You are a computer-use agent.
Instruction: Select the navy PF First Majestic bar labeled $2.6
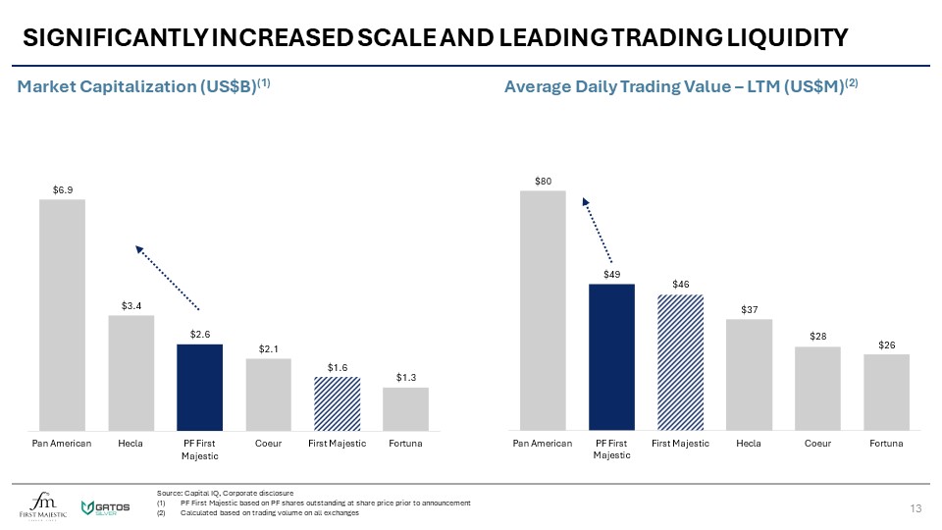point(199,387)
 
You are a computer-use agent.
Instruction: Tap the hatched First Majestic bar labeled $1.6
point(337,403)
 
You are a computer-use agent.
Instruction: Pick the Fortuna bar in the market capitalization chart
point(405,408)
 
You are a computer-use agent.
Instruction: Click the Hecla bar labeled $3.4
point(131,372)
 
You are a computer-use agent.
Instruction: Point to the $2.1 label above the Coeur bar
point(268,348)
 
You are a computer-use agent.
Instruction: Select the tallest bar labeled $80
point(543,310)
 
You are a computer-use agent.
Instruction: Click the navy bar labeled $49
point(611,357)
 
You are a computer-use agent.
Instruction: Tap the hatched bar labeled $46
point(680,362)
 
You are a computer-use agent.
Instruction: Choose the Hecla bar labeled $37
point(749,375)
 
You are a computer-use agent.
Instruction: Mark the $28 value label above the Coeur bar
point(817,336)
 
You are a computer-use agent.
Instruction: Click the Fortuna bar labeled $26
point(886,392)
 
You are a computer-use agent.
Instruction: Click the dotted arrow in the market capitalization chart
point(168,279)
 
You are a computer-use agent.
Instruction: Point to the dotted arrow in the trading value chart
point(598,230)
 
